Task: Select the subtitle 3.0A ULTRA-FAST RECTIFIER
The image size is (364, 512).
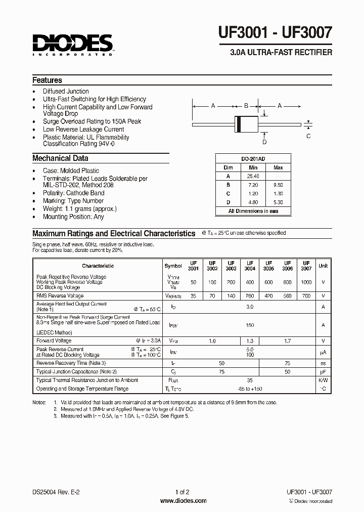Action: (281, 53)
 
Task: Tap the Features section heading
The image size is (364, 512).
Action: (47, 80)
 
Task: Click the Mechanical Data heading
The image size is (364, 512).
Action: (60, 158)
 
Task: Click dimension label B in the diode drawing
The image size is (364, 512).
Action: (246, 106)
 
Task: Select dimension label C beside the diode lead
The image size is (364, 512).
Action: (308, 136)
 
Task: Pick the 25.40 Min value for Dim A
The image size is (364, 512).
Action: (253, 176)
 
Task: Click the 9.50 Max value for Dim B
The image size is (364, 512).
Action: (278, 185)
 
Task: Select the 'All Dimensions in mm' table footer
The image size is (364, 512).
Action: (253, 211)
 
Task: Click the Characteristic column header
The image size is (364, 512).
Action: (98, 266)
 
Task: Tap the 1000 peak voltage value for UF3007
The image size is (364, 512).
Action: (306, 281)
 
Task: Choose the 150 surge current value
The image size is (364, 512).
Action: (250, 325)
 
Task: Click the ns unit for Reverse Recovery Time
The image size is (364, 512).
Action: (323, 363)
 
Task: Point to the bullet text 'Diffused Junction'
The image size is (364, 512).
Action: (66, 91)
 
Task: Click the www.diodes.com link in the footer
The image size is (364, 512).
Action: (183, 501)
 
